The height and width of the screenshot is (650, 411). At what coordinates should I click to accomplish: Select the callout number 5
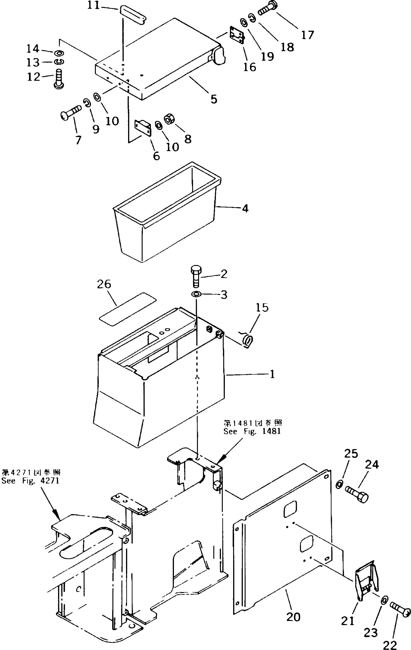(x=214, y=99)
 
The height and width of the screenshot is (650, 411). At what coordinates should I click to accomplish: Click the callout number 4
(x=245, y=208)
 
